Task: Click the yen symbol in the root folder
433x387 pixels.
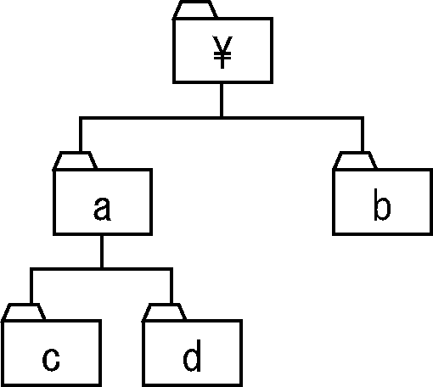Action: [222, 53]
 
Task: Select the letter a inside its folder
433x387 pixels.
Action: [102, 209]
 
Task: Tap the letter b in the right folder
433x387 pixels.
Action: [382, 205]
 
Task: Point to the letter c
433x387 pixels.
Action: [51, 360]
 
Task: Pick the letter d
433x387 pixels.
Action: [192, 356]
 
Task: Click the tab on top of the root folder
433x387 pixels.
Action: [195, 10]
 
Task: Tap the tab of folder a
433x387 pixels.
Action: [75, 161]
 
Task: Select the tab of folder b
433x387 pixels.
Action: [355, 161]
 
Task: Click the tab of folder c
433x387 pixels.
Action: [24, 312]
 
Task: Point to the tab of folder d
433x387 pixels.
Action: [164, 312]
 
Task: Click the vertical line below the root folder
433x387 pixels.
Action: [222, 100]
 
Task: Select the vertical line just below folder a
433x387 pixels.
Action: [102, 251]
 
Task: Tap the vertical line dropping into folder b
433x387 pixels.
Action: [363, 135]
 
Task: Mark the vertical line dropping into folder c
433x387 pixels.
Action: [31, 286]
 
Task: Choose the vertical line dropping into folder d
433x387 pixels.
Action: [172, 286]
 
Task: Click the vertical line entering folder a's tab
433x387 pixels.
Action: [81, 135]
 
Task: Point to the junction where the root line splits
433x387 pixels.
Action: [222, 118]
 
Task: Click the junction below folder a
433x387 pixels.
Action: [102, 269]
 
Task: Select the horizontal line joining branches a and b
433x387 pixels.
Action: [222, 118]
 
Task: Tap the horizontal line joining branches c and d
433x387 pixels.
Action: [101, 269]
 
